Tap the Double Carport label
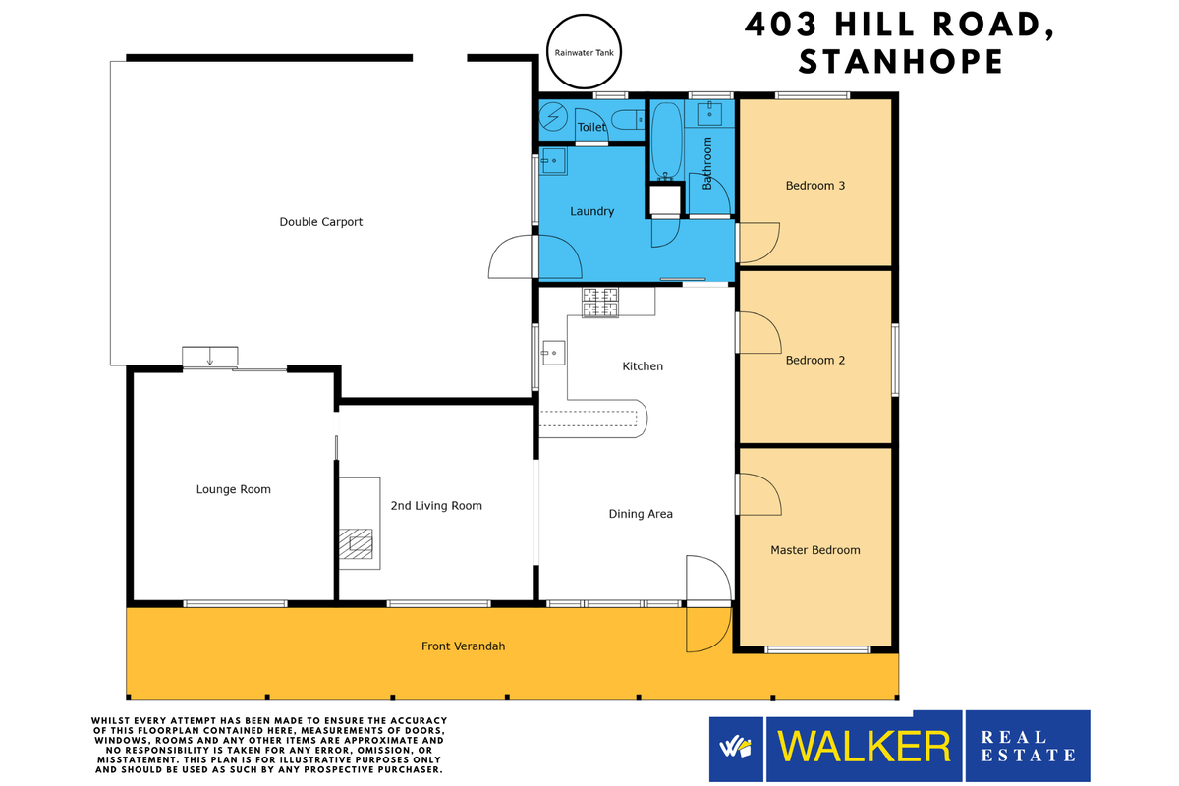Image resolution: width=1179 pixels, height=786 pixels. [320, 222]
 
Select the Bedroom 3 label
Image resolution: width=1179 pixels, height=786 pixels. [815, 186]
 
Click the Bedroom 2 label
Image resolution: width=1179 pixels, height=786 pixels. [815, 361]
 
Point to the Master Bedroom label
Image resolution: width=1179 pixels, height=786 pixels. [814, 550]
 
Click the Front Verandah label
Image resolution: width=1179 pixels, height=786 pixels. [463, 646]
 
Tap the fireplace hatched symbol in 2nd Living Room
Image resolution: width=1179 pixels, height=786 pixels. [357, 542]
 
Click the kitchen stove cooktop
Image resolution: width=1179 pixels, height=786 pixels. [600, 303]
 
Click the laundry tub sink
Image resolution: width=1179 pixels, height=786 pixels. [553, 160]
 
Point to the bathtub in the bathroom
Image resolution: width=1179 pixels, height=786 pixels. [666, 141]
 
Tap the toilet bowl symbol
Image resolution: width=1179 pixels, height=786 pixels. [625, 121]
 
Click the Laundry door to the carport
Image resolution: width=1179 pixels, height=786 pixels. [513, 258]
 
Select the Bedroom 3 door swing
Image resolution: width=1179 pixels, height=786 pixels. [757, 242]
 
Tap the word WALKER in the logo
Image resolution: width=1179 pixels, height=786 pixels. [865, 747]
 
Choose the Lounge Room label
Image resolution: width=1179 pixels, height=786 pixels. [233, 489]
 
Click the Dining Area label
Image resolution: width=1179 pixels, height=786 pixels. [641, 514]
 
